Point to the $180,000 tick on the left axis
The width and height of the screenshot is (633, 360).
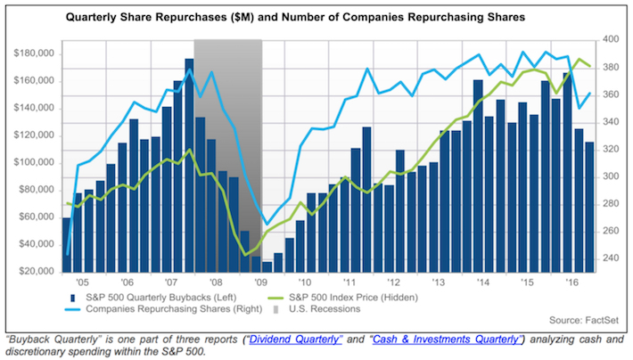[33, 53]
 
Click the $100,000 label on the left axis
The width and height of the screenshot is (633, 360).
[33, 163]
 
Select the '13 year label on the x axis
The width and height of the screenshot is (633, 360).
[438, 278]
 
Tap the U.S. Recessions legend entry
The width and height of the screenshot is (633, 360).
[322, 309]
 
